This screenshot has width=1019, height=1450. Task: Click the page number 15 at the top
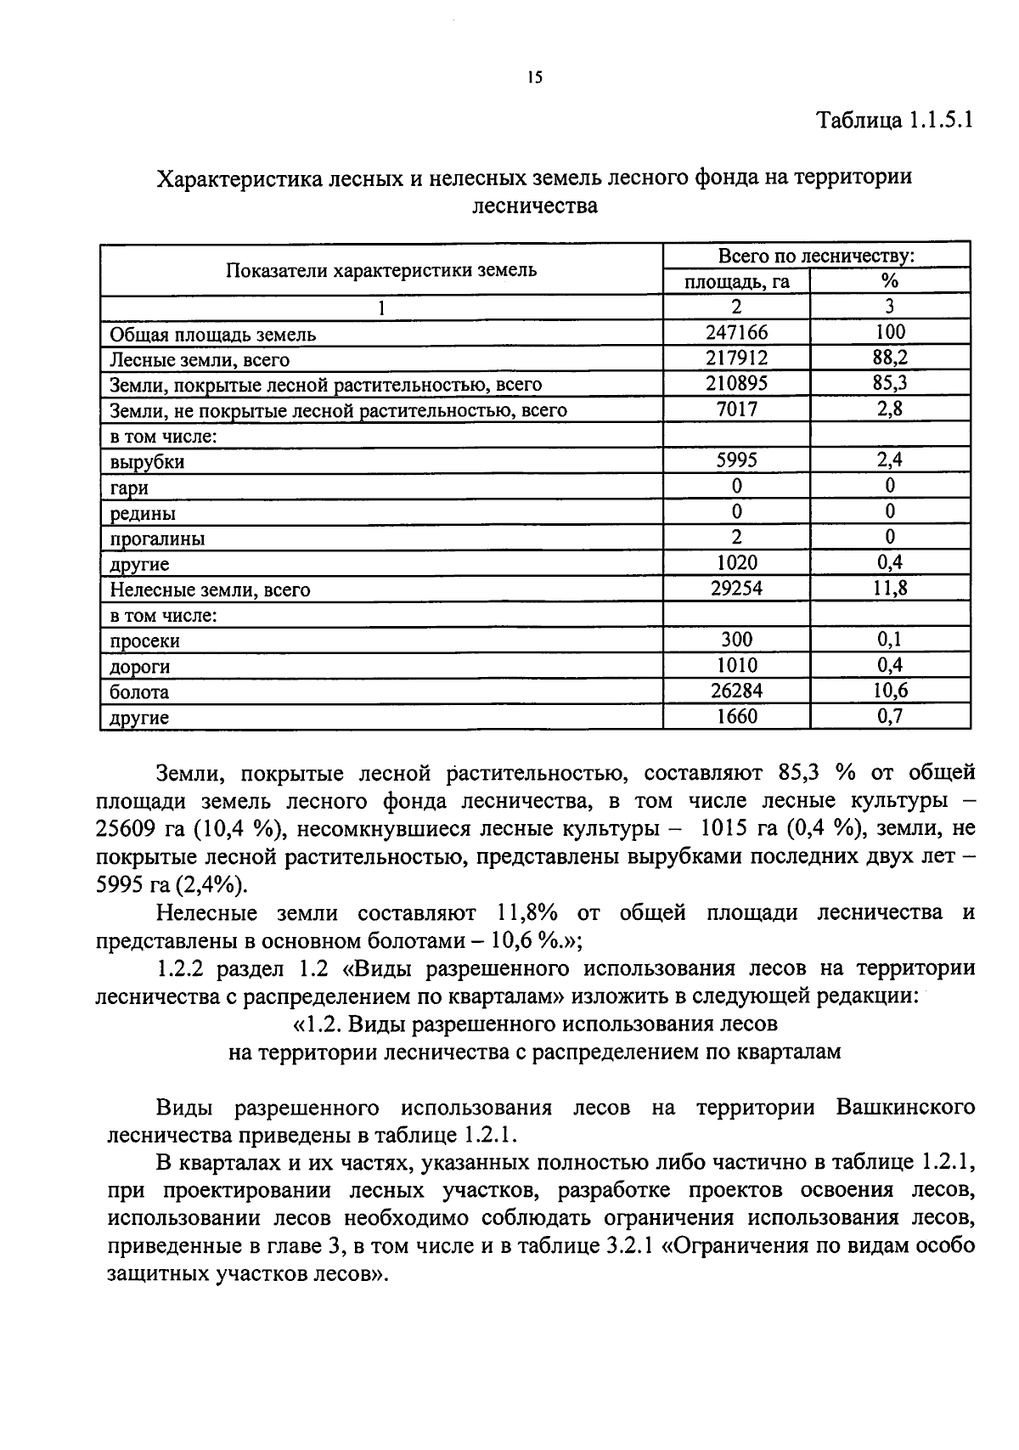click(x=534, y=78)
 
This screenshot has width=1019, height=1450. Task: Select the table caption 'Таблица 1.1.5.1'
click(x=893, y=119)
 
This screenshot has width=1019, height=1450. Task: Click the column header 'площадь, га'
click(x=736, y=282)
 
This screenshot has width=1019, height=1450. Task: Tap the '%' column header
click(x=889, y=282)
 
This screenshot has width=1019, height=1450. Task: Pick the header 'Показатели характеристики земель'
click(x=381, y=270)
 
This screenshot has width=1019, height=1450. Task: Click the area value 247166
click(x=736, y=332)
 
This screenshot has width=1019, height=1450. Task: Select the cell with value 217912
click(x=736, y=358)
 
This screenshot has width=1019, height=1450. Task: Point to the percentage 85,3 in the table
click(x=889, y=383)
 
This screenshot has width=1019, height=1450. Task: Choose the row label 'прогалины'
click(x=157, y=539)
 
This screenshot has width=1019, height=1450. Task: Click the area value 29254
click(x=736, y=588)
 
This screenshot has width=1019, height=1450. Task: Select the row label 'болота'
click(x=139, y=691)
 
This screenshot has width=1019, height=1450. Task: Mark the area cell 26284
click(x=736, y=691)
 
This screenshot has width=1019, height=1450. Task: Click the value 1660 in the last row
click(x=736, y=716)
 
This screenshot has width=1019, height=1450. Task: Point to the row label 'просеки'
click(x=144, y=640)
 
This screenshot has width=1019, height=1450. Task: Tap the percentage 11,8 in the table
click(x=889, y=588)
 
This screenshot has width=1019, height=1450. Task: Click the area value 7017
click(x=736, y=409)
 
